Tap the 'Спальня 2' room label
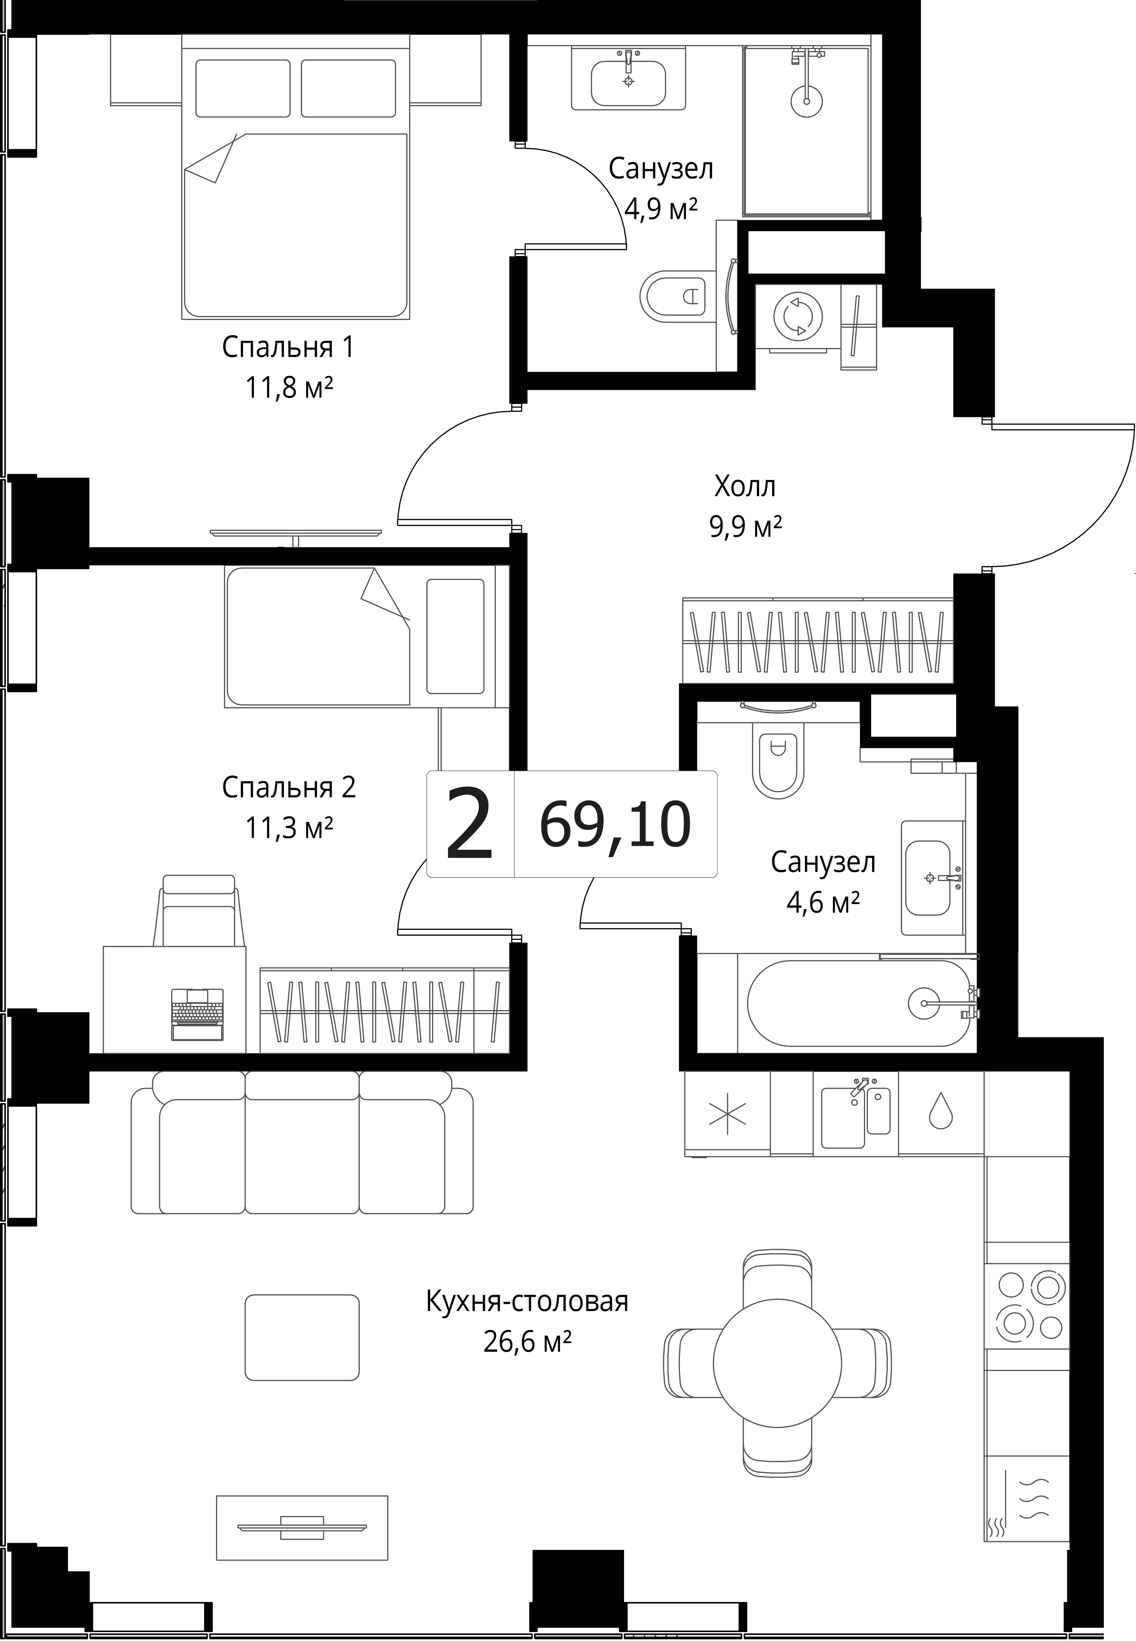pyautogui.click(x=288, y=787)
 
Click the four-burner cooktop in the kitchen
pyautogui.click(x=1027, y=1307)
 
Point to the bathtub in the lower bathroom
pyautogui.click(x=858, y=1003)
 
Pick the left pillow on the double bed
pyautogui.click(x=243, y=88)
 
